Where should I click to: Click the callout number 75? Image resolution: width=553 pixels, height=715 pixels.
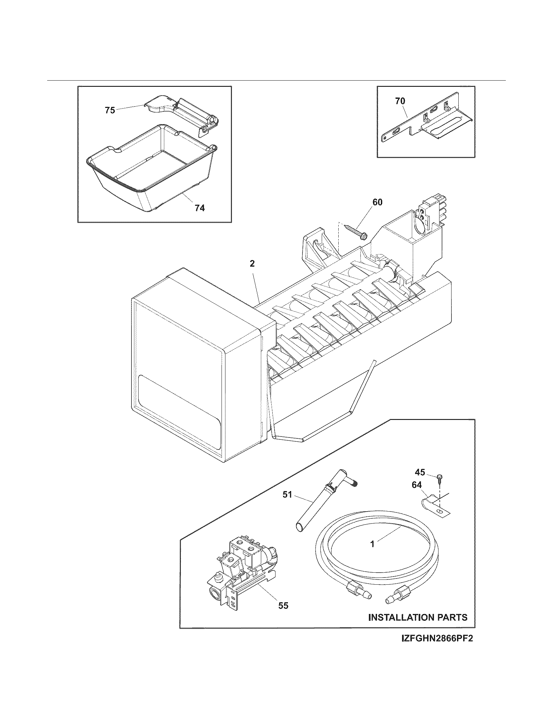tap(110, 110)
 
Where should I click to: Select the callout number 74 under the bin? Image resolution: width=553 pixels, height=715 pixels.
tap(199, 208)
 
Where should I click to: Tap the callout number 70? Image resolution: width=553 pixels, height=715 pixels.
tap(400, 101)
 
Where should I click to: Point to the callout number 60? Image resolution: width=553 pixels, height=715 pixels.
tap(377, 202)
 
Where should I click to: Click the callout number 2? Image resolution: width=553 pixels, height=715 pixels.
tap(252, 264)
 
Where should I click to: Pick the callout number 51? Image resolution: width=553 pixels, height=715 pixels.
tap(287, 495)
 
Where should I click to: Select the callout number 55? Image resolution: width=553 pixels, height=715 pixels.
tap(283, 606)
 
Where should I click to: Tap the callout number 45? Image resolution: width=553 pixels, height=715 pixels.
tap(420, 472)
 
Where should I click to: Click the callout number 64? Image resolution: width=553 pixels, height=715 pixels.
tap(417, 485)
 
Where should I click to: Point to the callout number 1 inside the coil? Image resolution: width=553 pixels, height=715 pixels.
tap(372, 544)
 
